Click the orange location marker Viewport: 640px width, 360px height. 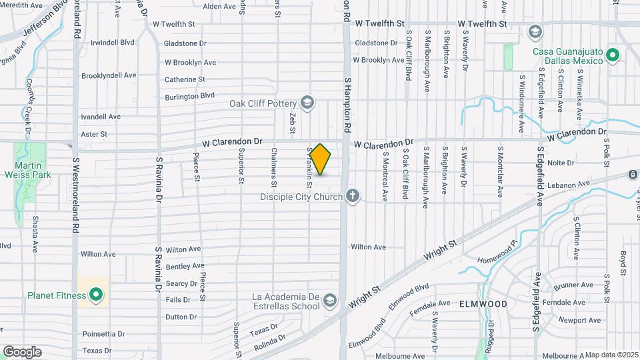pos(321,159)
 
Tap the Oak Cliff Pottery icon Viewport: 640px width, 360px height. pos(307,102)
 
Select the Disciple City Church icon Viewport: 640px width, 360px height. pos(353,196)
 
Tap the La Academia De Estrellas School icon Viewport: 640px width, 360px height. pos(329,301)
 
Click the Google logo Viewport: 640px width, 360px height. pos(22,351)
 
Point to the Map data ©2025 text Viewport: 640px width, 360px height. pos(609,355)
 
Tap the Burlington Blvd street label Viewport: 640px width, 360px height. pos(190,96)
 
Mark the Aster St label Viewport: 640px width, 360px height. pos(93,134)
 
